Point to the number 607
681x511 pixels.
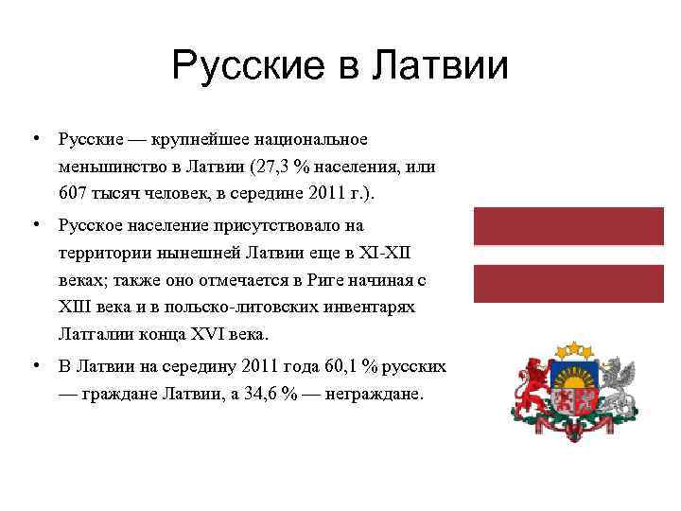coord(71,195)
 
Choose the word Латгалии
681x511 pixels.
coord(91,334)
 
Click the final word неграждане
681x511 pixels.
coord(374,393)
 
